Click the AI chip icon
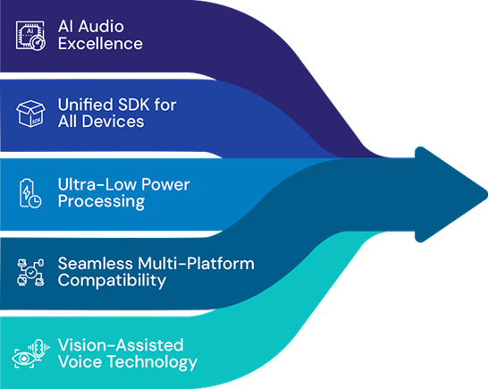30,35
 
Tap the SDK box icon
30,114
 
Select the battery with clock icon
30,193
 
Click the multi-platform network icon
30,273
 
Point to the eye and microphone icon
30,353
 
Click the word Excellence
100,43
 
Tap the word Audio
101,26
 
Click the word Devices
113,122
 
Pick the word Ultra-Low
97,184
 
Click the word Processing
101,201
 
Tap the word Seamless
96,263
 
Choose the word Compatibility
112,281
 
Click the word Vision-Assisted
121,345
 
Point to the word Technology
152,362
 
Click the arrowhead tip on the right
487,194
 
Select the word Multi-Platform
196,263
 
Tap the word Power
165,184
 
